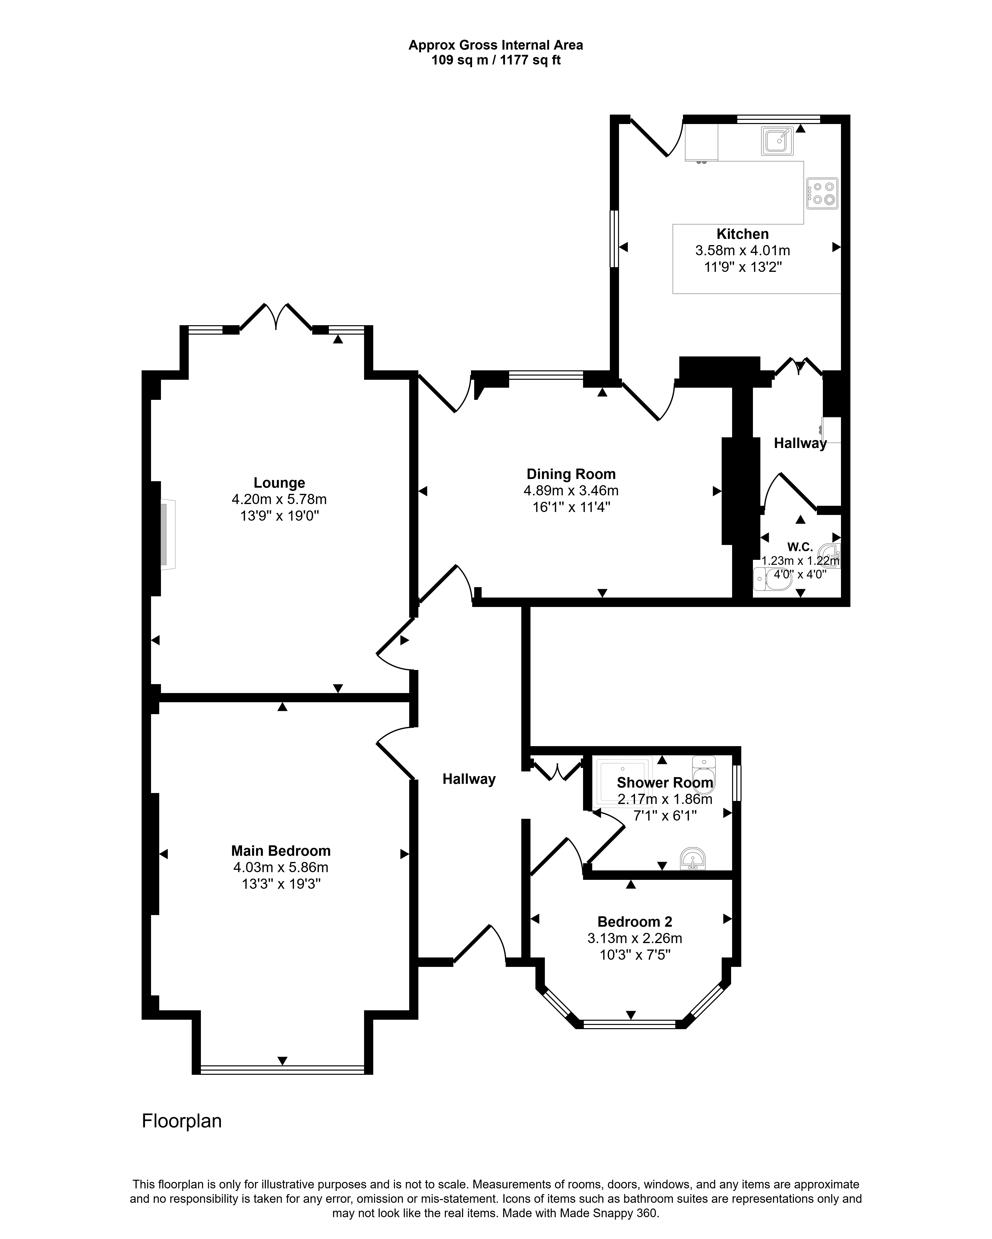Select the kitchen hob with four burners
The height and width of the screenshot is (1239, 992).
click(822, 193)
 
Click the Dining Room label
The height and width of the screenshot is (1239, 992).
click(571, 474)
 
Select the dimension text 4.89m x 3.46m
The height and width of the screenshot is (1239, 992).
click(571, 491)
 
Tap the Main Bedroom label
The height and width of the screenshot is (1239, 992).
click(281, 851)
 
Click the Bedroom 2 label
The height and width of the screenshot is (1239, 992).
click(635, 922)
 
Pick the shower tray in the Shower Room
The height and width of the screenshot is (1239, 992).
click(624, 782)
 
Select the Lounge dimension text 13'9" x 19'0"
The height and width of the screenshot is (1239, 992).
click(280, 516)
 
